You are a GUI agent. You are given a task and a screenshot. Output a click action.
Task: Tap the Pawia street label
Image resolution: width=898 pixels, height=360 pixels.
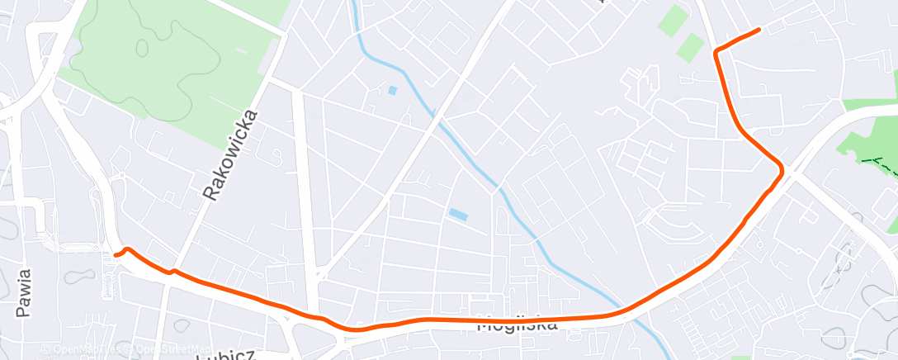point(24,293)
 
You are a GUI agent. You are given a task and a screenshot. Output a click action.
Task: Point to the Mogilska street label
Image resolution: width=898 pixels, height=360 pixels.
point(518,324)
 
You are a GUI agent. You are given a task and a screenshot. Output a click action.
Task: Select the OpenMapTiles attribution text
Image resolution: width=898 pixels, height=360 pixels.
point(80,349)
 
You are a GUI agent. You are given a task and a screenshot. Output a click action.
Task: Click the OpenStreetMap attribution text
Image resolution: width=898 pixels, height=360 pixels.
point(168,349)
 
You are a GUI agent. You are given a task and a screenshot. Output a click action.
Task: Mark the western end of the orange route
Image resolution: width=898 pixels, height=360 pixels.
point(116,255)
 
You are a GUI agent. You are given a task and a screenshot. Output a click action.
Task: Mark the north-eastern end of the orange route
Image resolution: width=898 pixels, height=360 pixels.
point(758,31)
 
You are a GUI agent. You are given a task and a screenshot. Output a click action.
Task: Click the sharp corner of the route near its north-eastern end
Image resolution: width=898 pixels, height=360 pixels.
point(716,52)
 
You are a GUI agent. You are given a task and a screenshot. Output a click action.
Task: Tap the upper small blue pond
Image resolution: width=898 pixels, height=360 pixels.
point(392,89)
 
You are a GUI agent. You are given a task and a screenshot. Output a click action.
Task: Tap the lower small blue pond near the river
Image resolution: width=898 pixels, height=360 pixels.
point(457,216)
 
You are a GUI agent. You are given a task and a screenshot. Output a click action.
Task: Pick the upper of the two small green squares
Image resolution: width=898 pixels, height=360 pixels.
point(673,20)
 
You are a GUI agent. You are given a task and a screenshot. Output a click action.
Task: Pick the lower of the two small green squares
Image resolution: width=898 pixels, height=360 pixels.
point(691,48)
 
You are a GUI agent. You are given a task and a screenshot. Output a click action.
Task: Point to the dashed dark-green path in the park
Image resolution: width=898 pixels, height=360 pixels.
point(878,162)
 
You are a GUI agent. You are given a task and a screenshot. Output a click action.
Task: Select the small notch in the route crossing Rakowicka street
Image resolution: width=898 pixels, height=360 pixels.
point(173,270)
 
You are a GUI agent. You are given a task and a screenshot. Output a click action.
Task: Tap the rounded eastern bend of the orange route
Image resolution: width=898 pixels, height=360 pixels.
point(780,169)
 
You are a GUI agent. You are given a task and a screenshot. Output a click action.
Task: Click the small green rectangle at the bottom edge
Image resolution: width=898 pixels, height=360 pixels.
point(740,357)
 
